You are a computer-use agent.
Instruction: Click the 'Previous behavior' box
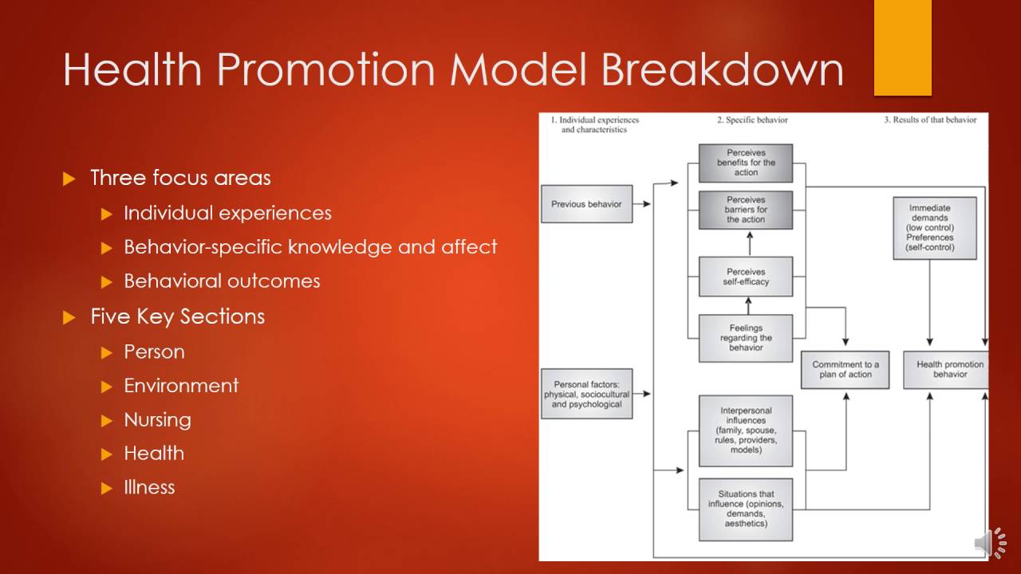(x=586, y=204)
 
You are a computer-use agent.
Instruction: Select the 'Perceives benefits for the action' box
(x=746, y=163)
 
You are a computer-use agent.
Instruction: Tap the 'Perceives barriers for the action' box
(x=746, y=210)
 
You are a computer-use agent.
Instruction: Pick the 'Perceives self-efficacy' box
(x=746, y=277)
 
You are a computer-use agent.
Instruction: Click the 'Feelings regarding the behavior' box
(x=746, y=338)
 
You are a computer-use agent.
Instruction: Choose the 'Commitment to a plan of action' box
(x=845, y=370)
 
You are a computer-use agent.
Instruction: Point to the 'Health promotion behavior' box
(x=947, y=370)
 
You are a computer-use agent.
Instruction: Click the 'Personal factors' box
(x=586, y=394)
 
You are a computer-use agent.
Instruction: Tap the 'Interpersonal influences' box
(x=746, y=431)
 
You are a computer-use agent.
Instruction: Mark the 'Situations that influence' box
(x=746, y=509)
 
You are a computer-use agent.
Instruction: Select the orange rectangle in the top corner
(x=903, y=48)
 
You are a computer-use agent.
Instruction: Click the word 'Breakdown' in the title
(x=722, y=70)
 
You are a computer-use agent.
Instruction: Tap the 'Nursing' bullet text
(x=157, y=419)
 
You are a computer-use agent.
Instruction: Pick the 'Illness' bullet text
(x=149, y=487)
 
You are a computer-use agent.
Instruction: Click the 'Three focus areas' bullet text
(x=180, y=177)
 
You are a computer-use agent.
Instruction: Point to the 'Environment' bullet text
(x=181, y=386)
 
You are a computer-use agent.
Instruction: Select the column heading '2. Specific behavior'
(x=751, y=120)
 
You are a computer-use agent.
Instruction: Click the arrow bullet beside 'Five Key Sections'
(x=69, y=317)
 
